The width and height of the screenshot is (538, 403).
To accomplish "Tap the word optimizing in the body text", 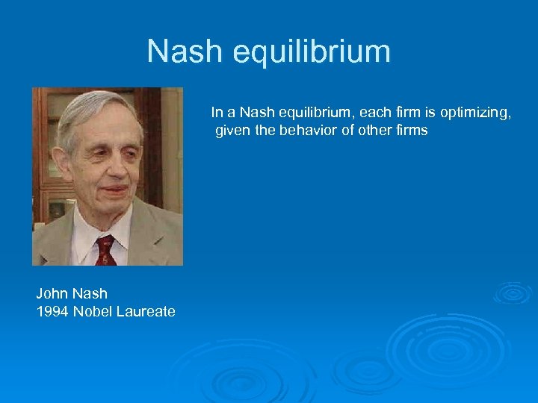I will coord(474,113).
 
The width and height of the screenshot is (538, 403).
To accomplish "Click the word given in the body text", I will coord(232,131).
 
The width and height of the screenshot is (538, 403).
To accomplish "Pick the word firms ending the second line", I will coord(409,131).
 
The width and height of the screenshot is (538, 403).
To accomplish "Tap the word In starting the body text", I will coord(216,113).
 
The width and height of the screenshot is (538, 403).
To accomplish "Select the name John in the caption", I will coord(52,294).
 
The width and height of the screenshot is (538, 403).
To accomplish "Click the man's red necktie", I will coord(105,250).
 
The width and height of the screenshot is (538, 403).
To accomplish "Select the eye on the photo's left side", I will coord(93,152).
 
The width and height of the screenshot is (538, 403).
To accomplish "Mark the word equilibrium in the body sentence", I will coord(314,113).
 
